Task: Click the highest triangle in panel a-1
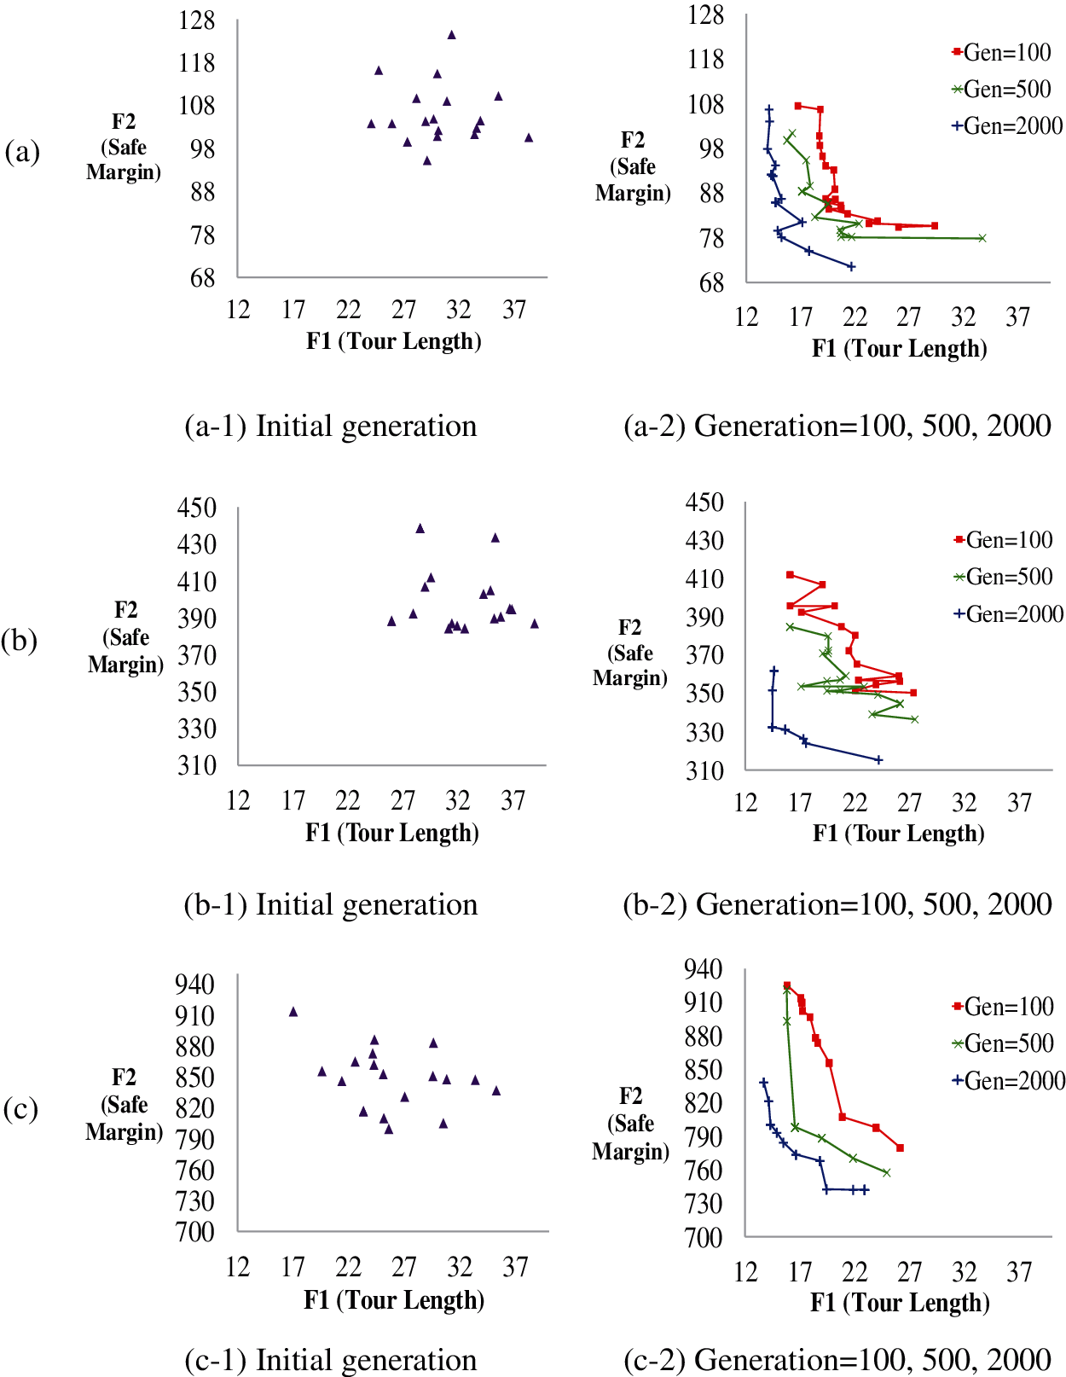coord(452,35)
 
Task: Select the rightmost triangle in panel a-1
coord(529,137)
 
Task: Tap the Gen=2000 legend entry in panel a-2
coord(1007,126)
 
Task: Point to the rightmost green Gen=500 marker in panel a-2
coord(982,238)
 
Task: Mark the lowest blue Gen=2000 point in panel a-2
coord(851,267)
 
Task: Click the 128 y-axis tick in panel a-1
coord(197,20)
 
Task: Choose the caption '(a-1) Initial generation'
coord(331,426)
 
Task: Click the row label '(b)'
coord(19,640)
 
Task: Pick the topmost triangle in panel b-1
coord(420,529)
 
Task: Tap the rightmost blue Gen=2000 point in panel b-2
coord(879,759)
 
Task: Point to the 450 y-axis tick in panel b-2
coord(704,503)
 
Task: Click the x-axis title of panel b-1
coord(392,833)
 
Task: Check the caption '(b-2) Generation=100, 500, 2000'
coord(837,904)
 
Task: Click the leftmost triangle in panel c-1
coord(293,1012)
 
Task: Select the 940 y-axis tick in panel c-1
coord(194,985)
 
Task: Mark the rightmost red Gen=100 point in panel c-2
coord(901,1147)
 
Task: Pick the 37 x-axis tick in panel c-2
coord(1019,1273)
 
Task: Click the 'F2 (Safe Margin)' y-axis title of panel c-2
coord(630,1124)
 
